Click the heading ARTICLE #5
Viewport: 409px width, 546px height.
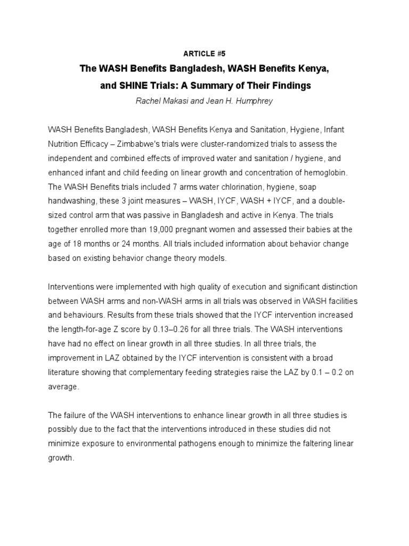coord(204,54)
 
